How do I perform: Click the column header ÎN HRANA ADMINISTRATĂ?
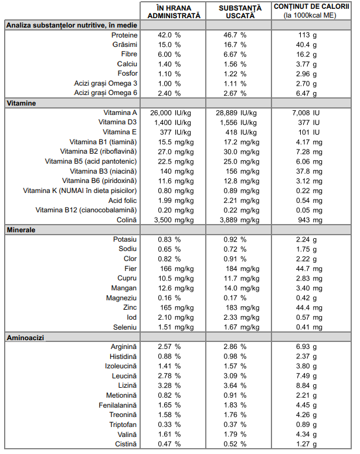pos(174,12)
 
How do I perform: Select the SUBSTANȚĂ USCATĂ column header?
pos(240,12)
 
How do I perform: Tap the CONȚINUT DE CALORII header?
pos(311,6)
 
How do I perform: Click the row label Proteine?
pos(124,35)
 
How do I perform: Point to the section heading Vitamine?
pos(22,103)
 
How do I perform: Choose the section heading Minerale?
pos(21,230)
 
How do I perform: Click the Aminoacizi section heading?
pos(25,338)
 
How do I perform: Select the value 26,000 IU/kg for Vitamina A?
pos(171,113)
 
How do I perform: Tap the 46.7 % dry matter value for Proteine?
pos(235,35)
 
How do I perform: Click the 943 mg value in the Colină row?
pos(310,220)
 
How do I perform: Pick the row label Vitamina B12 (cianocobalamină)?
pos(86,210)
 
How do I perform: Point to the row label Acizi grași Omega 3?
pos(106,83)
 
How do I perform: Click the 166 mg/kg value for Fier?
pos(177,269)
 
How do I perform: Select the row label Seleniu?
pos(125,327)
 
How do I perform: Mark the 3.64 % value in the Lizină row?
pos(235,386)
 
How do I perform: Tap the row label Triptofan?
pos(123,425)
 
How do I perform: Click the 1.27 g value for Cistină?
pos(306,444)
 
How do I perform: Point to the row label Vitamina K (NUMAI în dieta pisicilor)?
pos(80,191)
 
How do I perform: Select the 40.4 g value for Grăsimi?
pos(306,45)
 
